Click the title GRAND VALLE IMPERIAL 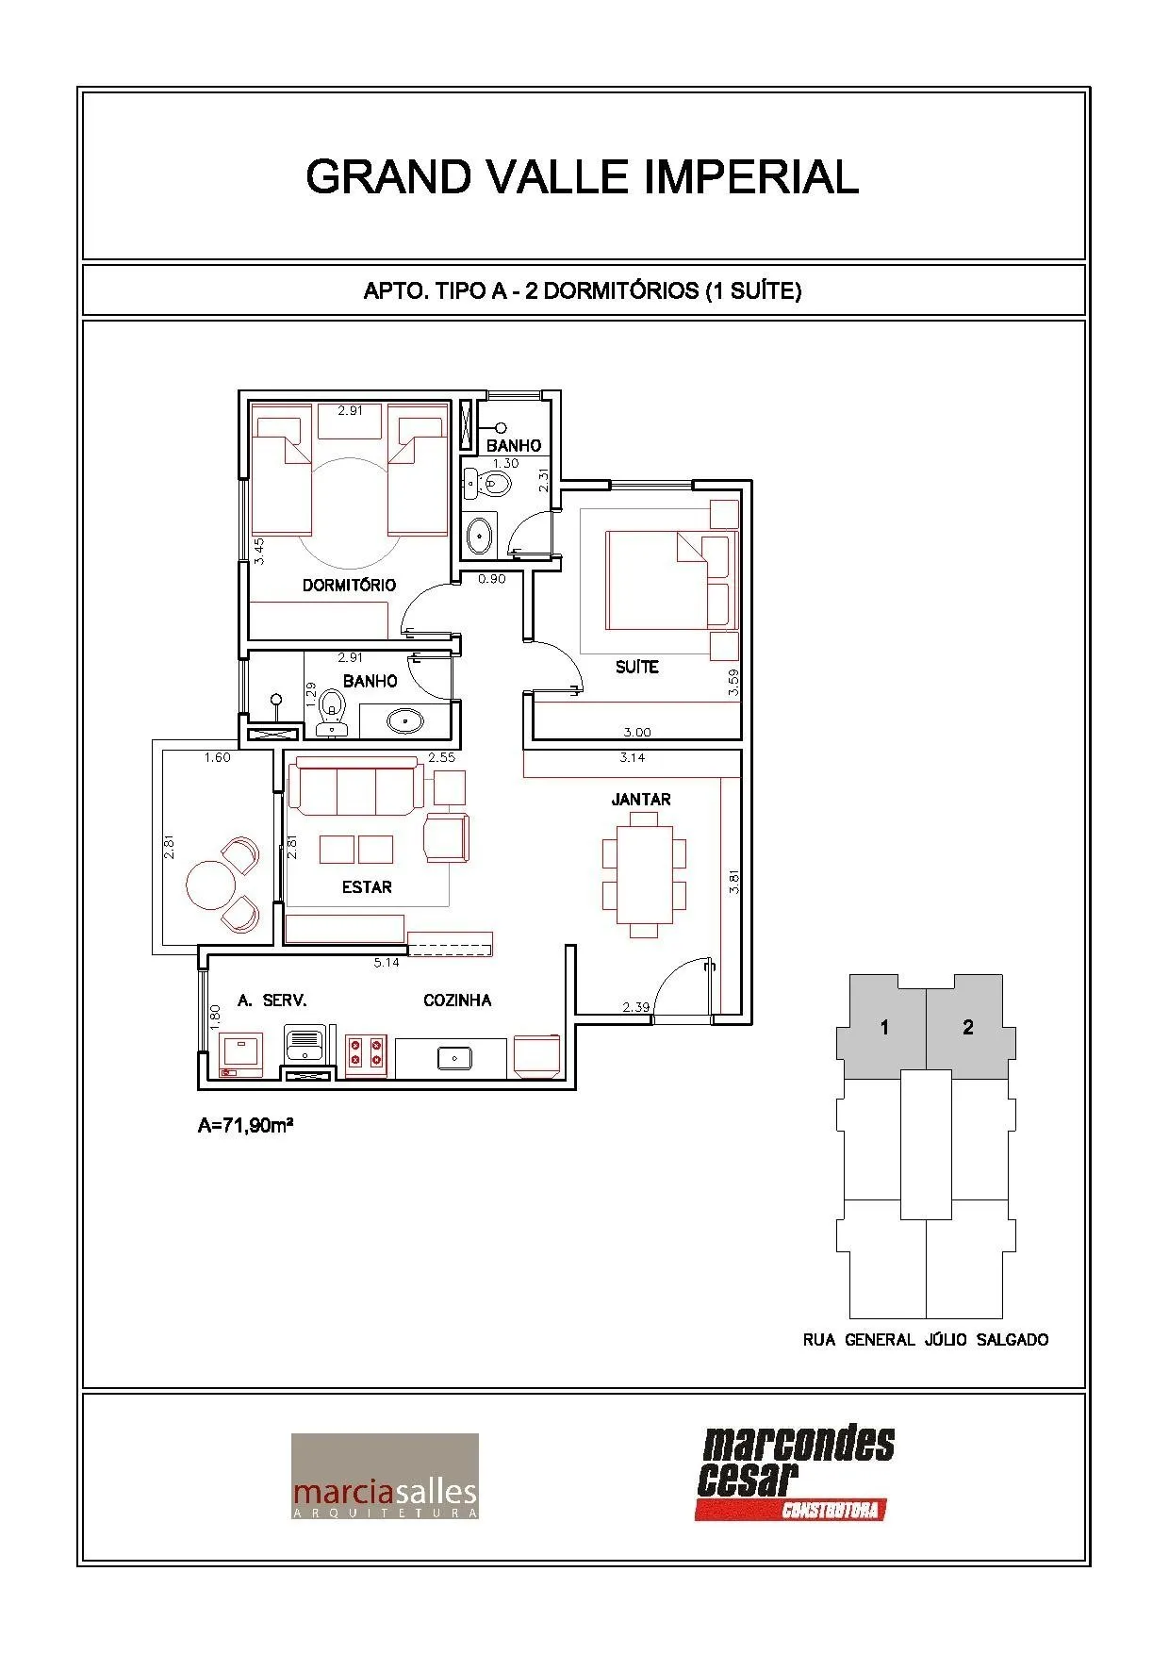click(583, 176)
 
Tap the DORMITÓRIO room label click(349, 585)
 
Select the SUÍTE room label click(636, 667)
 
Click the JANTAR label click(641, 799)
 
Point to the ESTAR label click(367, 886)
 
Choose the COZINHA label click(457, 1000)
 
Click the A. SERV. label click(272, 1000)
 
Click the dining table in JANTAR click(644, 874)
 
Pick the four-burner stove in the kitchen click(367, 1052)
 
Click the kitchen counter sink click(454, 1058)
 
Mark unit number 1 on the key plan click(884, 1027)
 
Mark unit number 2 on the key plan click(968, 1027)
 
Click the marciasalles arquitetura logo click(385, 1476)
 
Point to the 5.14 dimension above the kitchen click(387, 963)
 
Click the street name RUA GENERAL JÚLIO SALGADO click(925, 1339)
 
